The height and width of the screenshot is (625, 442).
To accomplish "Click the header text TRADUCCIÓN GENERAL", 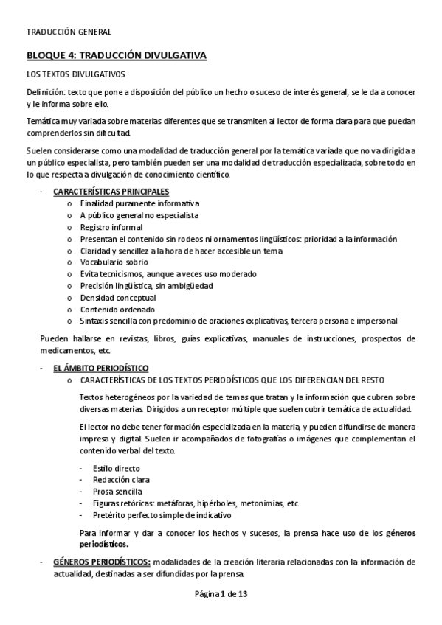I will (x=69, y=32).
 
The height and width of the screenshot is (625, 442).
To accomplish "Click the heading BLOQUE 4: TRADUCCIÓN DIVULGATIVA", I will (x=117, y=55).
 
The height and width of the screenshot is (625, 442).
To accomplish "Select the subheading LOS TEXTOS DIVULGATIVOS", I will (x=75, y=74).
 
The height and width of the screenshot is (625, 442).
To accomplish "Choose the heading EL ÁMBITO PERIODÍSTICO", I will (x=100, y=367).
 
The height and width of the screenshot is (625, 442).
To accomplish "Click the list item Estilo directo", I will (x=117, y=468).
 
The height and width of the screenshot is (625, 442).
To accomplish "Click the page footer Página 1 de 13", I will (x=221, y=595).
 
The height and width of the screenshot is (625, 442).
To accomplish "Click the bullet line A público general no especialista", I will (x=139, y=215).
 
